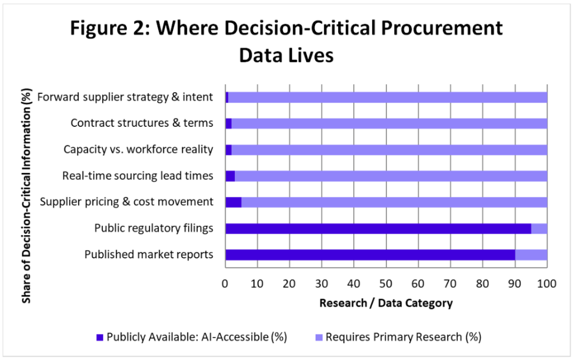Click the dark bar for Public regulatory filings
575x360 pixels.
(x=378, y=229)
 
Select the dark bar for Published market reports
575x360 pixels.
(x=370, y=255)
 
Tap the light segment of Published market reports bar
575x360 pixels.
(x=531, y=255)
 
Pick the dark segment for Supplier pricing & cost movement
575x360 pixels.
(x=233, y=202)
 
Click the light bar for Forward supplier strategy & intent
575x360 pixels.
(x=387, y=97)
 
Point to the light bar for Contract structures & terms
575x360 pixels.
(x=389, y=124)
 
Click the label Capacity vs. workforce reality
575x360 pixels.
(x=138, y=149)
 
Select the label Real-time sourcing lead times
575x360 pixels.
(x=138, y=176)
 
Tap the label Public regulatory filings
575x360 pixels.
(x=154, y=228)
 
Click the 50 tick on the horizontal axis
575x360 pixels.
(x=385, y=284)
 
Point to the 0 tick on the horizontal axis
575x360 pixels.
(x=225, y=284)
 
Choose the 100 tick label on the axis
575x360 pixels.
(x=547, y=284)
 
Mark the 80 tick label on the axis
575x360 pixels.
(x=482, y=284)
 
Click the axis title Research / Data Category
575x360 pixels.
(x=386, y=303)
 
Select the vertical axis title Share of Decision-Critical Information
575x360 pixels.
(x=26, y=196)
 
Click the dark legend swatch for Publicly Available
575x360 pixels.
(x=100, y=338)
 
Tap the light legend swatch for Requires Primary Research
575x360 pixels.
(x=319, y=338)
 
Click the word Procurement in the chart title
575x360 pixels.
(x=441, y=28)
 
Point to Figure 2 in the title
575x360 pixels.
(x=110, y=28)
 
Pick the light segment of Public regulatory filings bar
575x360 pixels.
(x=539, y=229)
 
